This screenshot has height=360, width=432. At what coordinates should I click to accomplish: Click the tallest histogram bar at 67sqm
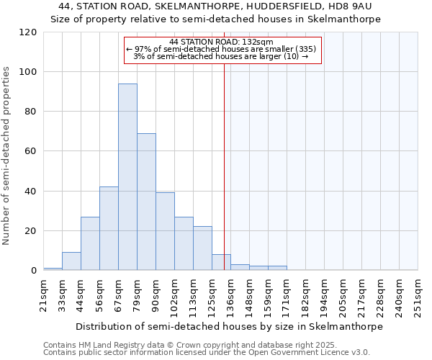pos(127,176)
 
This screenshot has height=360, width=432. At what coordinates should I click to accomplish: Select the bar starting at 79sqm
pos(146,202)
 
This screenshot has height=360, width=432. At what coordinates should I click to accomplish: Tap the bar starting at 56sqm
pos(109,228)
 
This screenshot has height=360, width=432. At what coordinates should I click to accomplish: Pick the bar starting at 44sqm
pos(90,243)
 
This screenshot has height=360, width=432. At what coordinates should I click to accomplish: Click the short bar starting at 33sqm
pos(71,261)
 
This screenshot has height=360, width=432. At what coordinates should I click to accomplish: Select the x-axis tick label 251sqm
pos(418,294)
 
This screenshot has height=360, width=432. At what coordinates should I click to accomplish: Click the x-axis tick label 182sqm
pos(305,294)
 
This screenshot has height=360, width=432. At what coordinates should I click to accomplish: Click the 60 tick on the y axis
pos(31,151)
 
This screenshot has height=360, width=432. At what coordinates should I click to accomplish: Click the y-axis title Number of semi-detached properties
pos(7,155)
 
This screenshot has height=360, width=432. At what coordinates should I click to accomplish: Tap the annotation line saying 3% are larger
pos(221,56)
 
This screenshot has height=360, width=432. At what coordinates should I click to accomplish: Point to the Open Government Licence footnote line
pos(207,353)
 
